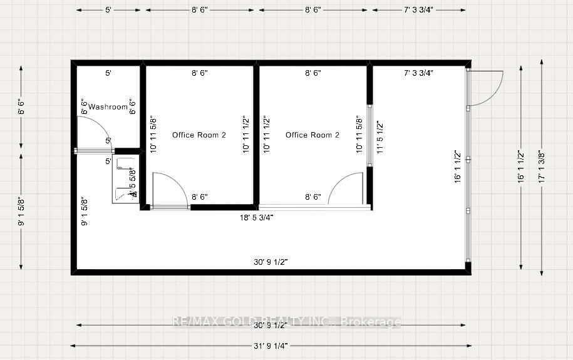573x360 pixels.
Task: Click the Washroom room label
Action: point(108,107)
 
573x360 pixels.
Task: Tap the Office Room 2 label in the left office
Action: point(199,135)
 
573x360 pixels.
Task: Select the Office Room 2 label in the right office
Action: point(312,135)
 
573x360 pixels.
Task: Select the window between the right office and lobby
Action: point(369,135)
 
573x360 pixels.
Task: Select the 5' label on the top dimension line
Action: point(108,9)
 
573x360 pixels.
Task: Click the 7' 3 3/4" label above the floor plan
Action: point(419,9)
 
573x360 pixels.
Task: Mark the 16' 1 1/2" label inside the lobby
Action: point(458,167)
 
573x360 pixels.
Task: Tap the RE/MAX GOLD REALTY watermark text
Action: point(286,322)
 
